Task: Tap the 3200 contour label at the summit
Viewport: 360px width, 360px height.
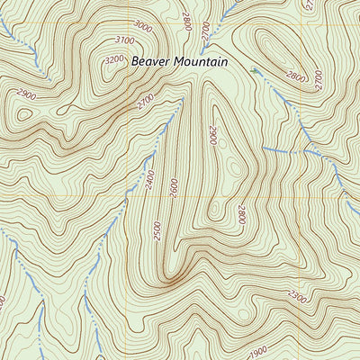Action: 114,59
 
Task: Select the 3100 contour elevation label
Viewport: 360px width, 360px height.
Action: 124,40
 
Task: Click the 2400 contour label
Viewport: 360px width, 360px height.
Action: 149,183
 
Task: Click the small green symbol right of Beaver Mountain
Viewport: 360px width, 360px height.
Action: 256,68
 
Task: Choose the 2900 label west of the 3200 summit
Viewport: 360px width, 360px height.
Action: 26,94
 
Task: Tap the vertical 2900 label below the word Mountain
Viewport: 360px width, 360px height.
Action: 213,135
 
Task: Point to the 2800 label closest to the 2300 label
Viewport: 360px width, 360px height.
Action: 241,214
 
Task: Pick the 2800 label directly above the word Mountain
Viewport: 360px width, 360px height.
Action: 188,21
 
